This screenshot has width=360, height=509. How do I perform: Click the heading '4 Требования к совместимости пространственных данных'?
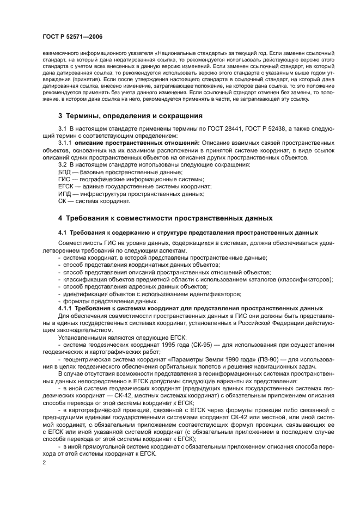[x=165, y=218]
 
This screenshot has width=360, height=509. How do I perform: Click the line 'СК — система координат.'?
[x=94, y=201]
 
